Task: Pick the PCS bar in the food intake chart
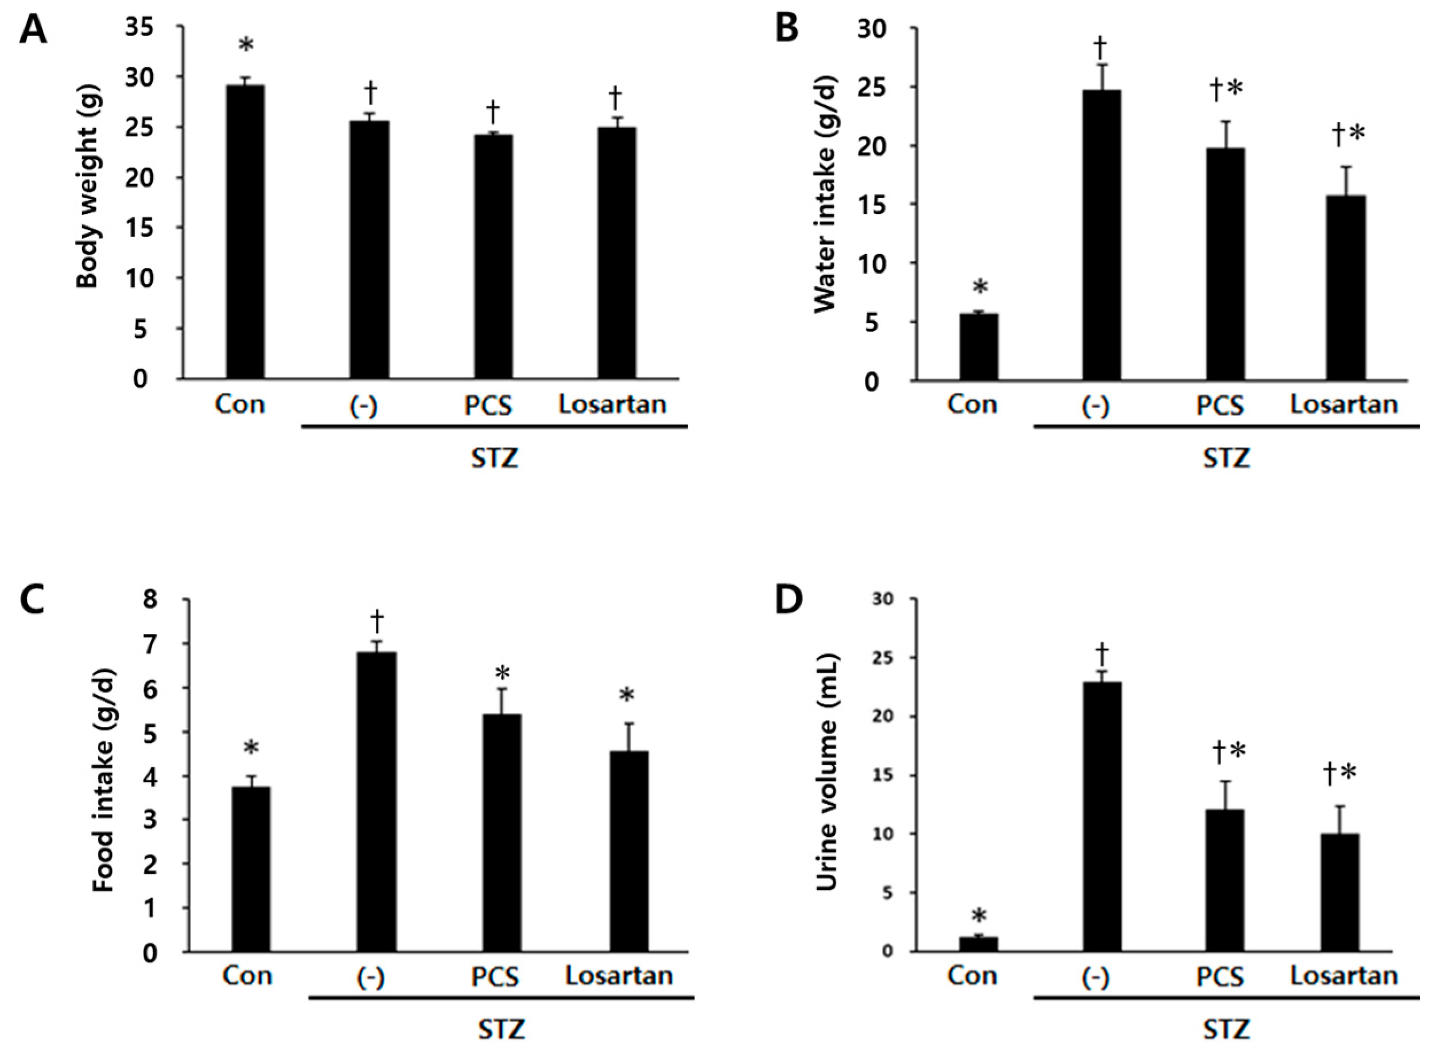502,833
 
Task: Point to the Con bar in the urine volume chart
978,944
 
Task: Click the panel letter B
787,30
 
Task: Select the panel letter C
32,601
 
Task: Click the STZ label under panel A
495,458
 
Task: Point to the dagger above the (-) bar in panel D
1102,655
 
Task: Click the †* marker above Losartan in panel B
1348,135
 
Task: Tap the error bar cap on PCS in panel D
1225,781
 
